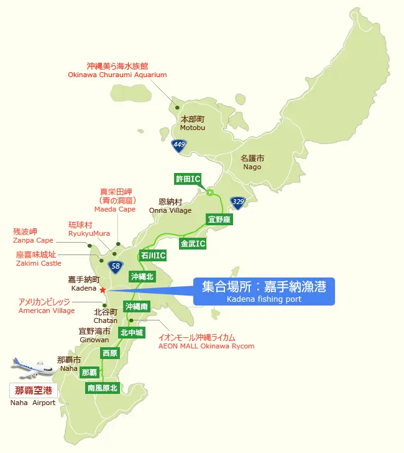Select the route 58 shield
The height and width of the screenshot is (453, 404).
(x=114, y=266)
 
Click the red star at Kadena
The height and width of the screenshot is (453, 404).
(x=103, y=289)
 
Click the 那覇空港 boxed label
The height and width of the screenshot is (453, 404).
(x=33, y=391)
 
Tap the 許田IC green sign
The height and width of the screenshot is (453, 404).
(x=187, y=179)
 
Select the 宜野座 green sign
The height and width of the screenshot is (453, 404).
(x=219, y=220)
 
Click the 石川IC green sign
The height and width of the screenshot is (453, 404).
(x=153, y=255)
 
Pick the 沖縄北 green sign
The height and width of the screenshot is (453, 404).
(x=142, y=276)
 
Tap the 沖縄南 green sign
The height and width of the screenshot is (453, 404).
(x=136, y=307)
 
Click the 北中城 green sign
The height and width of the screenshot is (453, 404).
(x=132, y=333)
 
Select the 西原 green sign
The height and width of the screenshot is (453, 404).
(x=109, y=353)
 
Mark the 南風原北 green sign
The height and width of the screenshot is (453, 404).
(x=102, y=388)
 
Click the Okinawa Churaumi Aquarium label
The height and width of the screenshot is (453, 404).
(x=117, y=70)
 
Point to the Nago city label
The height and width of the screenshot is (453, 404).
(x=252, y=162)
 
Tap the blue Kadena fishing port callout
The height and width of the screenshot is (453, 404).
(x=264, y=291)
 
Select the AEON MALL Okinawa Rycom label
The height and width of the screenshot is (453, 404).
(x=206, y=342)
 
